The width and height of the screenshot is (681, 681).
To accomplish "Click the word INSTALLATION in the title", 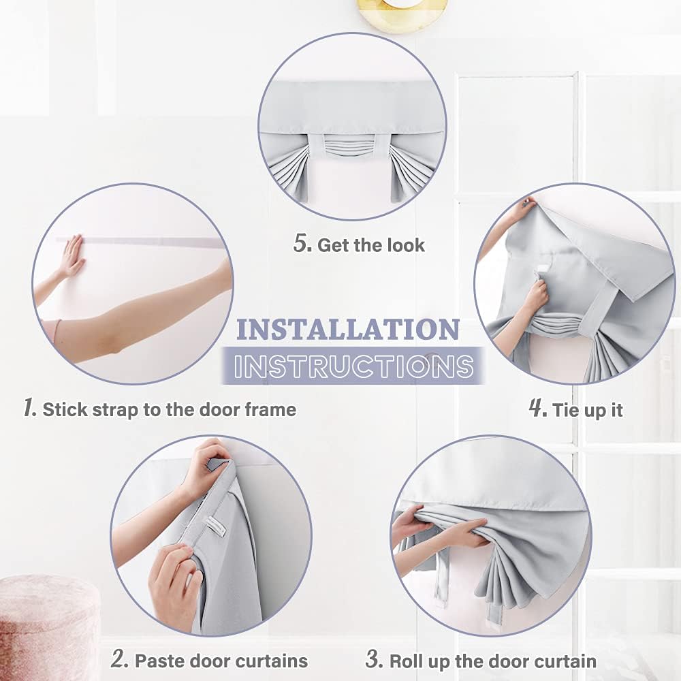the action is tap(348, 330).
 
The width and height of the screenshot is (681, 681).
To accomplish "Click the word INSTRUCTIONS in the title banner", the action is tap(353, 366).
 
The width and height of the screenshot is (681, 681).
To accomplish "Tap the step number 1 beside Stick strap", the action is tap(29, 408).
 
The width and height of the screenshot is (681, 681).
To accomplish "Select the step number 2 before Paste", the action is tap(119, 660).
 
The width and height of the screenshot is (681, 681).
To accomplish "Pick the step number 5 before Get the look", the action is tap(302, 243).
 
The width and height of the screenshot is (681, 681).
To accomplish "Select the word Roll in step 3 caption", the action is tap(407, 661).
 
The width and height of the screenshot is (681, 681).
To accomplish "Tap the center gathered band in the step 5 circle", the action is tap(351, 146).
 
